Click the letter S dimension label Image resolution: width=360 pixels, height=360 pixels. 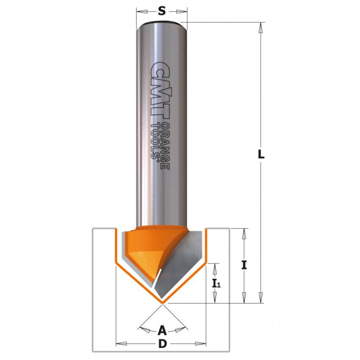click(162, 11)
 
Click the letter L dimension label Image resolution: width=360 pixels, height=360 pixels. click(261, 154)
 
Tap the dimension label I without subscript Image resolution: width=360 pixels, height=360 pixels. click(244, 266)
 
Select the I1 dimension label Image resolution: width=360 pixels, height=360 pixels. click(216, 284)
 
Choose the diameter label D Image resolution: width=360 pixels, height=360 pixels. click(162, 344)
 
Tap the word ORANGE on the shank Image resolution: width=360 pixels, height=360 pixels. click(165, 146)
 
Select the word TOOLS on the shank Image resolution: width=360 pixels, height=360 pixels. click(155, 141)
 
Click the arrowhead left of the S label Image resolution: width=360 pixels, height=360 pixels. click(142, 11)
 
